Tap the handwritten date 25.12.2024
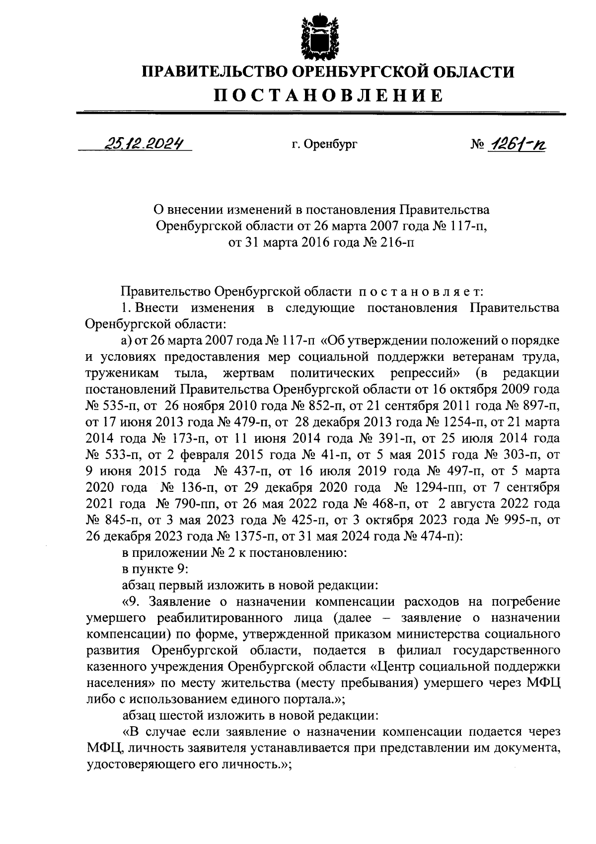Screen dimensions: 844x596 point(142,144)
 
